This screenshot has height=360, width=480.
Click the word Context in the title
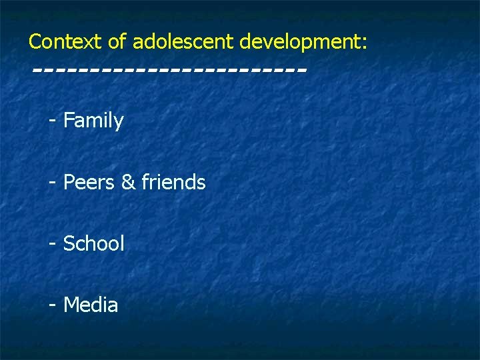[65, 42]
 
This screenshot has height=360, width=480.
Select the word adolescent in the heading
[183, 42]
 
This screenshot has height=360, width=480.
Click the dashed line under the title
[169, 69]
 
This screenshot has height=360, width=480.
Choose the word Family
[93, 121]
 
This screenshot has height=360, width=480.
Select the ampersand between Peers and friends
[128, 182]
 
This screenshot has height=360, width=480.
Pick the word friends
[173, 182]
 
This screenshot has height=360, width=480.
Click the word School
[93, 243]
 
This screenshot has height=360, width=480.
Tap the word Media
[91, 305]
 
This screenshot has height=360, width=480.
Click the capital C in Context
[35, 42]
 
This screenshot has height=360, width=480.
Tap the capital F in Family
[68, 121]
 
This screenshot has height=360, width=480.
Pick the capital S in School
[69, 243]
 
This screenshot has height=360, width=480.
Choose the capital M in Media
[71, 305]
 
